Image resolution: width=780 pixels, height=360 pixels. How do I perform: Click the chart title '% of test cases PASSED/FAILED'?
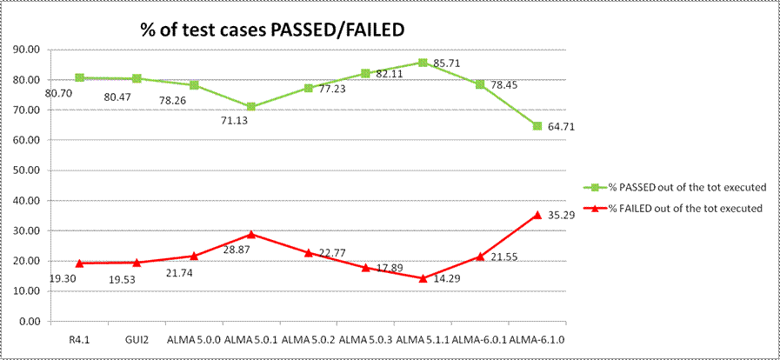(273, 30)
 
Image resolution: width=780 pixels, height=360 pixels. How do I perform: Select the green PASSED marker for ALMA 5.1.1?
(423, 63)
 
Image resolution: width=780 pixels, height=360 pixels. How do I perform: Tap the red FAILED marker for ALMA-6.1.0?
(537, 214)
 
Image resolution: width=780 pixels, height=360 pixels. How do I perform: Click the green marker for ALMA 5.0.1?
(251, 107)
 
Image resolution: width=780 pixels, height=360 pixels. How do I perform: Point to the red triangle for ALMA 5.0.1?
(251, 234)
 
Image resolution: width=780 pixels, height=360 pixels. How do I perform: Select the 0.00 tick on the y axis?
(31, 322)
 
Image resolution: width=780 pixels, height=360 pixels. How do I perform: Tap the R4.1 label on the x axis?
(79, 338)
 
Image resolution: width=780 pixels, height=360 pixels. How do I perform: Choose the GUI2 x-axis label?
(137, 338)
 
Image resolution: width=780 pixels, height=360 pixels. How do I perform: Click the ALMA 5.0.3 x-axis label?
(365, 338)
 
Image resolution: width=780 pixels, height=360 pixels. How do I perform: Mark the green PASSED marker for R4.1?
(80, 77)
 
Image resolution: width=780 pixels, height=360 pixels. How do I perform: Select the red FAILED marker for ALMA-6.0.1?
(480, 256)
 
